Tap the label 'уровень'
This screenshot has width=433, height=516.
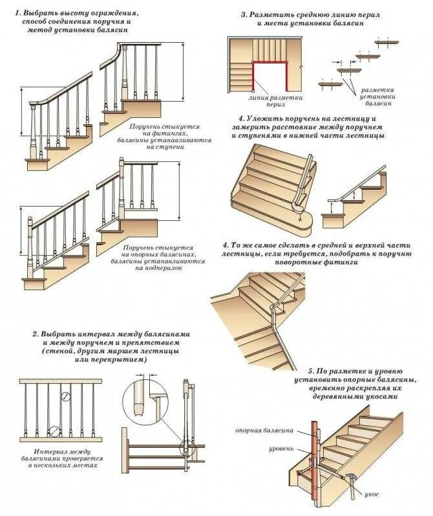click(282, 448)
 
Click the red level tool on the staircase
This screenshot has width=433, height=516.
click(317, 453)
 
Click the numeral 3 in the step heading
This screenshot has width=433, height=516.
click(244, 13)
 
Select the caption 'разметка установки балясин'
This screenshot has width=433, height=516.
click(378, 96)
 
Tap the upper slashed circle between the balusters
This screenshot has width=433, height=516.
click(65, 396)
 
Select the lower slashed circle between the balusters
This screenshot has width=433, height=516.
click(54, 431)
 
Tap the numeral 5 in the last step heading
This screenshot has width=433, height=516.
click(312, 367)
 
